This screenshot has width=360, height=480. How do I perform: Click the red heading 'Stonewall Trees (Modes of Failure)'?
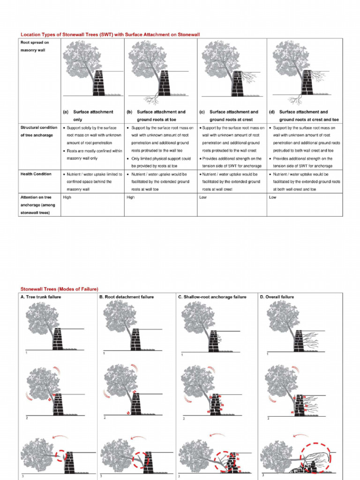(59, 289)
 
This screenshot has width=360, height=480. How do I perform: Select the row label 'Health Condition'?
(36, 174)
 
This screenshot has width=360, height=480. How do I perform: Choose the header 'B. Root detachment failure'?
(126, 297)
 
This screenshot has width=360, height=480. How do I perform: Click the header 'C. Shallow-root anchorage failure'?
(212, 297)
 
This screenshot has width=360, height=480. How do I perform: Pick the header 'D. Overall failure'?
(277, 297)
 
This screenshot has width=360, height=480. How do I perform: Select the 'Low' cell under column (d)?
(273, 197)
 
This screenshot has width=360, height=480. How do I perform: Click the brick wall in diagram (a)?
(99, 83)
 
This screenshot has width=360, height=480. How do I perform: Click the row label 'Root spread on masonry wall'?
(34, 46)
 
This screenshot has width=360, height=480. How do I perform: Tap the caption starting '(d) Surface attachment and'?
(304, 116)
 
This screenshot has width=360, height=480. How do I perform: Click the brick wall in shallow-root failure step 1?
(214, 340)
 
